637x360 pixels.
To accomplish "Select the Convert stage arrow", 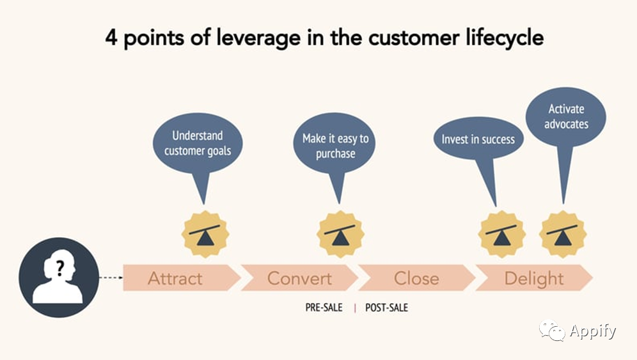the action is click(x=299, y=278).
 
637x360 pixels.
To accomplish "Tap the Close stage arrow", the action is click(x=417, y=278).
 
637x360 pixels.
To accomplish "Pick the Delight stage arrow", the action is click(x=534, y=278).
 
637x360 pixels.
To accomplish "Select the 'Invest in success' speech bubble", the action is click(x=478, y=139).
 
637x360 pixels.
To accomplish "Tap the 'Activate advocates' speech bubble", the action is click(x=566, y=117).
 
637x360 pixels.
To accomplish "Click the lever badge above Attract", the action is click(x=205, y=235).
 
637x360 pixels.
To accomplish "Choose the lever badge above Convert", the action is click(x=340, y=235).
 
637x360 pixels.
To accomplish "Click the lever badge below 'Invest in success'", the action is click(x=501, y=235).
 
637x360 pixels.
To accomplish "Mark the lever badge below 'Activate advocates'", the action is click(x=563, y=235).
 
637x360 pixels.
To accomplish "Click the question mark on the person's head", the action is click(x=60, y=269).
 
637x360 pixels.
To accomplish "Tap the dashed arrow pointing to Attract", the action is click(x=111, y=278).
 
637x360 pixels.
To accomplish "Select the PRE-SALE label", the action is click(x=324, y=308).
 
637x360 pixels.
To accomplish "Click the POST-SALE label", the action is click(x=386, y=308).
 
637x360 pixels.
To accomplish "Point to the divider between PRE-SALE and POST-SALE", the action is click(x=355, y=308).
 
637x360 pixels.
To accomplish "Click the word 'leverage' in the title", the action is click(x=258, y=38).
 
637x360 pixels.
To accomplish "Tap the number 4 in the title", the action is click(x=111, y=37).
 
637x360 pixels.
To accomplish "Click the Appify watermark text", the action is click(x=593, y=331).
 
